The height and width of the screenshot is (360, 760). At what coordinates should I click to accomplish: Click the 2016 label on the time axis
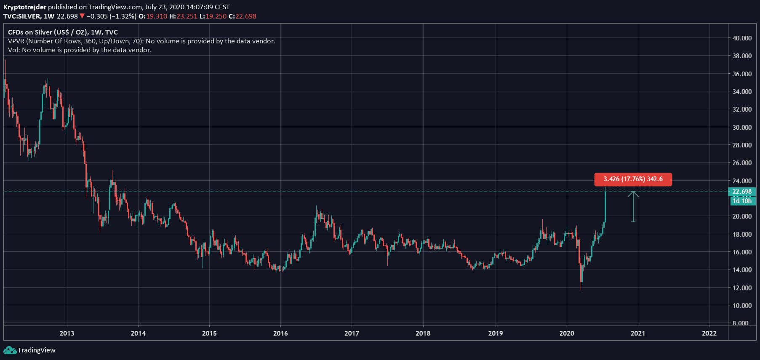coord(280,333)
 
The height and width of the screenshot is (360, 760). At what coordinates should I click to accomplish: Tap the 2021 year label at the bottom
coord(637,333)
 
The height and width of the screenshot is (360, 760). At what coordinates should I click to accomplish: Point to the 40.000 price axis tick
coord(742,38)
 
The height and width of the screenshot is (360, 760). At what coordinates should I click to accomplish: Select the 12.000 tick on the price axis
coord(742,288)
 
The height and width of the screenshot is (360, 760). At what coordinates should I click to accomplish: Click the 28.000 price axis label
coord(742,145)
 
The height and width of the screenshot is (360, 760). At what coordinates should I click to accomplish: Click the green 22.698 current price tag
coord(742,192)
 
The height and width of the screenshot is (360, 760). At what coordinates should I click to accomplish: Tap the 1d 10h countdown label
coord(742,201)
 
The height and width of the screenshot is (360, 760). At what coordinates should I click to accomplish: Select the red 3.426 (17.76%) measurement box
coord(633,179)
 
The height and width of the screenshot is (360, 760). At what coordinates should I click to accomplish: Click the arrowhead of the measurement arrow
coord(633,194)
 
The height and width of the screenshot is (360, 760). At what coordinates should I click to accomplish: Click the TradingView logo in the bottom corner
coord(29,350)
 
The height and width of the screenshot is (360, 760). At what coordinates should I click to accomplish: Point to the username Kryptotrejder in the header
coord(25,7)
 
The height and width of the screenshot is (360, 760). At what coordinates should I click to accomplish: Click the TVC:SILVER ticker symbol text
coord(22,16)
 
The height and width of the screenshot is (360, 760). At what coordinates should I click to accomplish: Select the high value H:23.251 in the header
coord(183,16)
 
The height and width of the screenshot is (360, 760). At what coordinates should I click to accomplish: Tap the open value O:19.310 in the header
coord(153,16)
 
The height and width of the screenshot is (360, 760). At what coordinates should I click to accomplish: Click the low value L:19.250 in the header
coord(213,16)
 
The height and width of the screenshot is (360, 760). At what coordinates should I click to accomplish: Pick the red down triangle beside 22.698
coord(82,16)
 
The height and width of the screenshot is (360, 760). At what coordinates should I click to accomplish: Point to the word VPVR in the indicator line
coord(16,41)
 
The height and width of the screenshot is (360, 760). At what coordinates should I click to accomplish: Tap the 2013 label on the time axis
coord(67,333)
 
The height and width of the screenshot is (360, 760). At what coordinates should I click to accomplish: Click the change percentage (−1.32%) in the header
coord(123,16)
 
